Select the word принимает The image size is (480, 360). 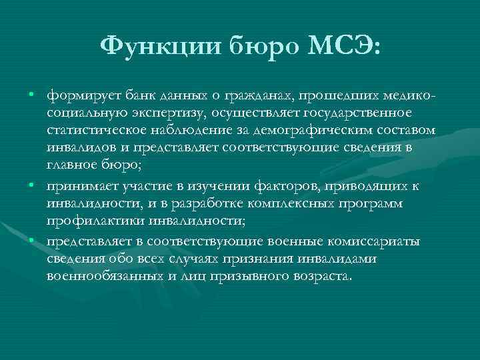(79, 185)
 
